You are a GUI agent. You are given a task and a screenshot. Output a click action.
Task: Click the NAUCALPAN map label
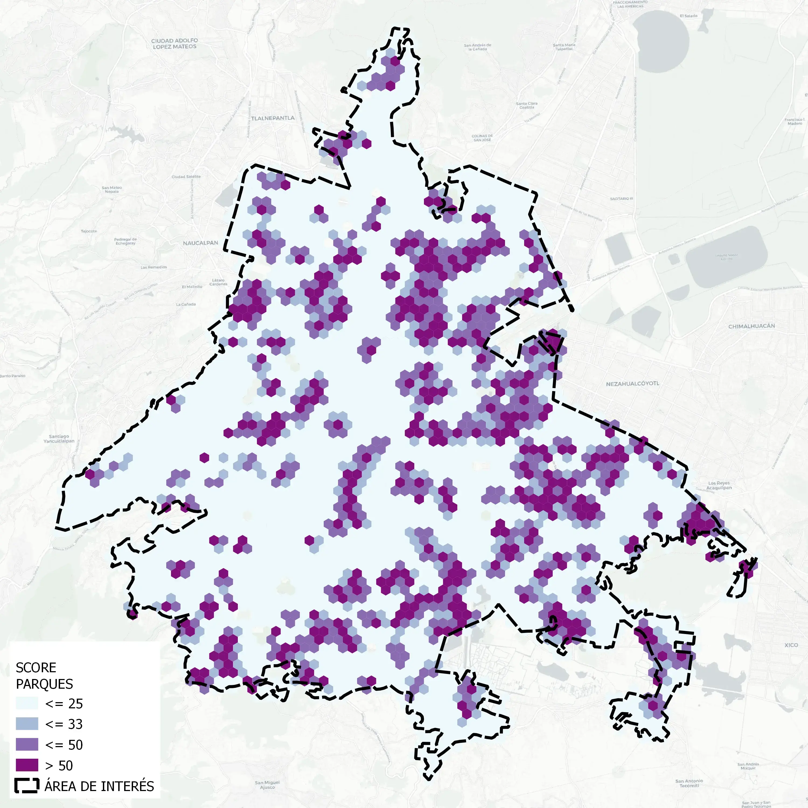click(200, 243)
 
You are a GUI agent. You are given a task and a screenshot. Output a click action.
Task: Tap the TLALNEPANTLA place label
click(273, 118)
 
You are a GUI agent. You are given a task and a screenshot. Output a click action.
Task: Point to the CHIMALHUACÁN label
click(751, 326)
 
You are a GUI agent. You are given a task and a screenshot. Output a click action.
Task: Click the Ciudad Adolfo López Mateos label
click(175, 43)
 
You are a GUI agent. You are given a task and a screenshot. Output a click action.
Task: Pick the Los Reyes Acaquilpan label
click(719, 485)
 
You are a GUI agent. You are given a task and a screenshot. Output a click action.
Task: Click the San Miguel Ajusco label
click(267, 785)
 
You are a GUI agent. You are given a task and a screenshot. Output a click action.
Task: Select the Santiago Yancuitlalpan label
click(59, 438)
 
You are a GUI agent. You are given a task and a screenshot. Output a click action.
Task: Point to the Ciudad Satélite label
click(186, 176)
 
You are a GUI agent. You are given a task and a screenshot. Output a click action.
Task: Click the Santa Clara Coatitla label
click(527, 105)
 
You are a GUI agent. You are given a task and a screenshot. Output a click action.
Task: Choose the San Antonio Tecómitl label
click(689, 783)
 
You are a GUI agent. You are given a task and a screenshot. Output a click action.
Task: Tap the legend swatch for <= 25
click(27, 703)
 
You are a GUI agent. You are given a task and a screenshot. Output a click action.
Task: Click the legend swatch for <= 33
click(27, 724)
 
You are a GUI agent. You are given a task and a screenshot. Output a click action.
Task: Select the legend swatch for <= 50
click(27, 744)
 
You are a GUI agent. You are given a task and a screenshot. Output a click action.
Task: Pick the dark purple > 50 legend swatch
click(27, 765)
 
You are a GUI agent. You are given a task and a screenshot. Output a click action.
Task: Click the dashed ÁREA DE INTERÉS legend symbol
click(27, 786)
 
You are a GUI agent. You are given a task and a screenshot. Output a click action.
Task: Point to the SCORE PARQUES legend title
click(44, 675)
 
